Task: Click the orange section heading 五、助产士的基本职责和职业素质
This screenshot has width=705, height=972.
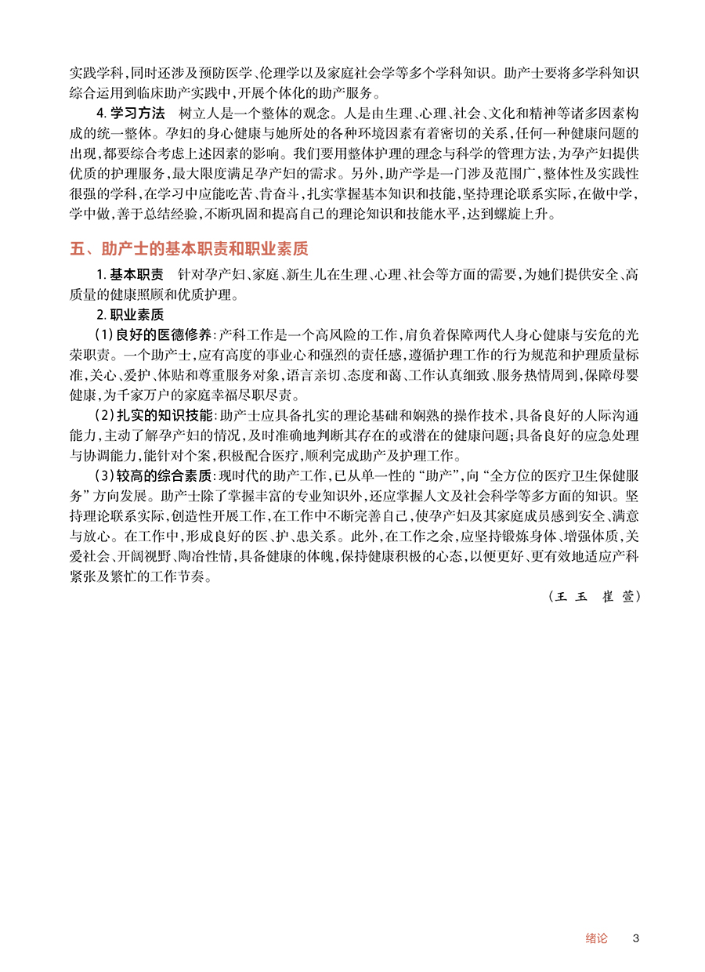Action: tap(189, 249)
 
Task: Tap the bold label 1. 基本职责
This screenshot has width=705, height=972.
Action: tap(129, 274)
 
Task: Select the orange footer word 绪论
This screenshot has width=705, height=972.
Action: tap(596, 938)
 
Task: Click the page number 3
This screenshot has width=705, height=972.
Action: tap(636, 938)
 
